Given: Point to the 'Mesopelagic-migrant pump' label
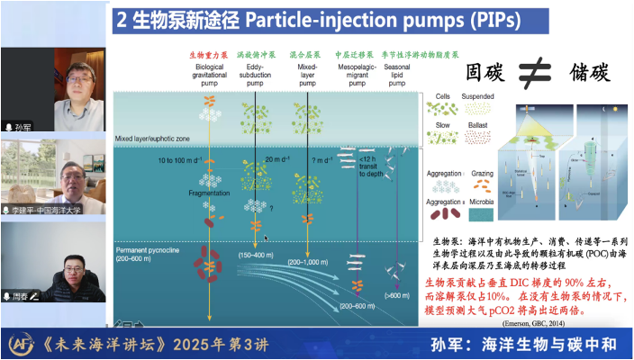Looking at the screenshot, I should pyautogui.click(x=356, y=76).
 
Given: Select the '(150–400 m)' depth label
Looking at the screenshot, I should pyautogui.click(x=256, y=256).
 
